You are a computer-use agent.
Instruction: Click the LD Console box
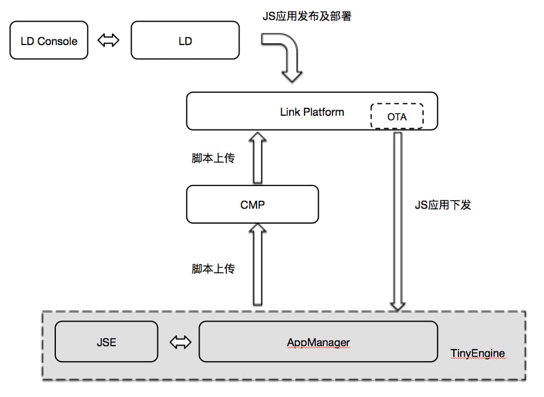(49, 40)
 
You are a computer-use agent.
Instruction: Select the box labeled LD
(185, 40)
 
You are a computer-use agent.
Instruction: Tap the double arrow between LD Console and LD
(108, 40)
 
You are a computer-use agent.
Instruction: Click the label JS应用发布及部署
(306, 17)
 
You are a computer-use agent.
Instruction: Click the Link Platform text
(312, 112)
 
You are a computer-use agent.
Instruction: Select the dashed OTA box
(397, 116)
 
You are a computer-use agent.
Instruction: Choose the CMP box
(253, 204)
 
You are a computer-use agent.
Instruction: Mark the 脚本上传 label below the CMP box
(213, 268)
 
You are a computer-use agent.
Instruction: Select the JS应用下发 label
(442, 205)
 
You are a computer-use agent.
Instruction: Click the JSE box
(106, 342)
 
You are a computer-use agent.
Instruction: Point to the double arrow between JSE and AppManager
(180, 342)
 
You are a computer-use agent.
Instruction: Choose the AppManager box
(318, 342)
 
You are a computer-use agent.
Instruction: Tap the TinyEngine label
(477, 354)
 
